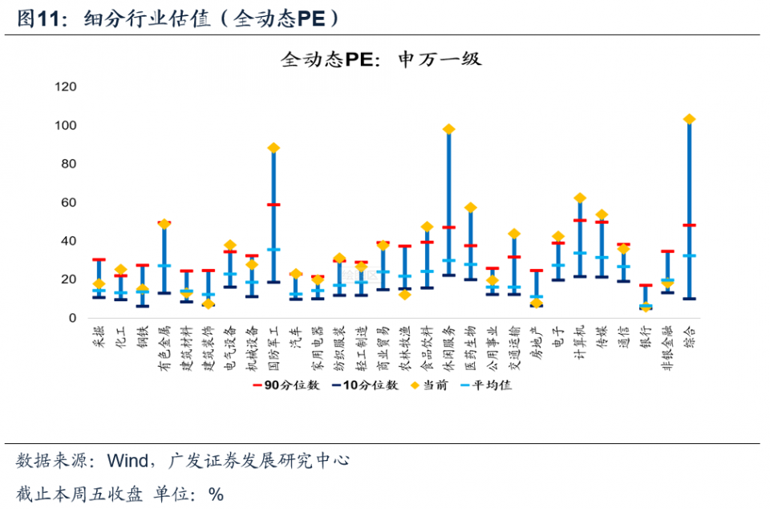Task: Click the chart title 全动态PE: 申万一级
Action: point(381,59)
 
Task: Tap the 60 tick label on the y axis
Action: point(68,202)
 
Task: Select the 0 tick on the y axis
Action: point(72,318)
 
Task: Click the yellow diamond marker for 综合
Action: point(689,120)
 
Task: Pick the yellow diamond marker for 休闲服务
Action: point(449,129)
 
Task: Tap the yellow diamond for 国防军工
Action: point(274,149)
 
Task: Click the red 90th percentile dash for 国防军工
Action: point(274,205)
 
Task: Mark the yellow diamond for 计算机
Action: point(580,198)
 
